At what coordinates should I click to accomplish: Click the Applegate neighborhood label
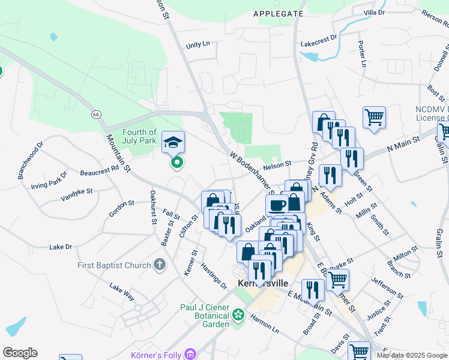pos(278,13)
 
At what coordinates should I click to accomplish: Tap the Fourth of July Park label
pos(139,137)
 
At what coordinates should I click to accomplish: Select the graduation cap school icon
pos(173,142)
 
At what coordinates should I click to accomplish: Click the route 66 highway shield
pos(96,114)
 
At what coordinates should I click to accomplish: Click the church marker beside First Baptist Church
pos(159,264)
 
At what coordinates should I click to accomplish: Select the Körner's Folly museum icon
pos(191,354)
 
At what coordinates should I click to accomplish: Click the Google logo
pos(20,353)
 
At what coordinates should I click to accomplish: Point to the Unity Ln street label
pos(197,44)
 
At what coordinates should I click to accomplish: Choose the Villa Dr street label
pos(374,12)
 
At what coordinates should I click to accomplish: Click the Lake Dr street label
pos(61,247)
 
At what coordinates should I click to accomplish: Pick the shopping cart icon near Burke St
pos(337,279)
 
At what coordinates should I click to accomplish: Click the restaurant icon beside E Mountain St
pos(313,290)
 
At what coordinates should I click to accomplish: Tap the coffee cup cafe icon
pos(277,205)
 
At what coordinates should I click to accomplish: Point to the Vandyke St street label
pos(77,194)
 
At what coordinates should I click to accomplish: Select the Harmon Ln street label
pos(265,324)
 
